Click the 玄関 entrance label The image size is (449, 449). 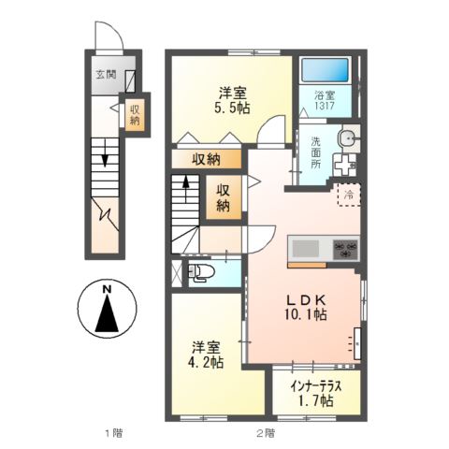103,74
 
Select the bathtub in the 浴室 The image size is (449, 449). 324,71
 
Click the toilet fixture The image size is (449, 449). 201,273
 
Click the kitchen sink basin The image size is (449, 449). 305,249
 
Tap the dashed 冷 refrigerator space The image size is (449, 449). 348,196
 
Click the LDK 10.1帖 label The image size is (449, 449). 305,308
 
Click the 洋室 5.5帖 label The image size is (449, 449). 232,100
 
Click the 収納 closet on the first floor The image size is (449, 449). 135,114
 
